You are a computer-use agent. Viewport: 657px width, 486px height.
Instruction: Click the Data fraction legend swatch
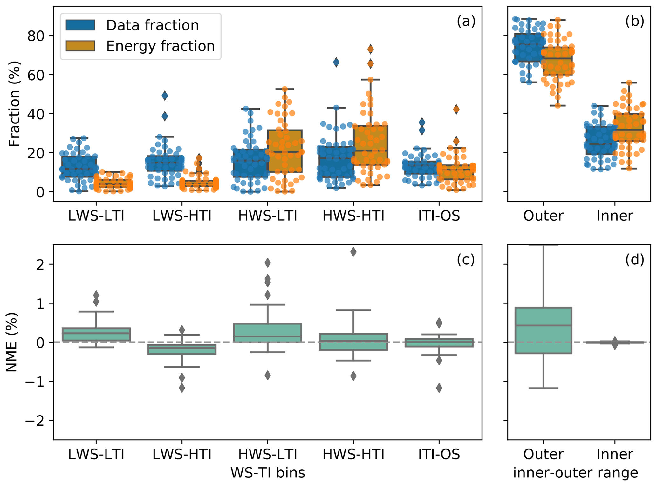coord(80,25)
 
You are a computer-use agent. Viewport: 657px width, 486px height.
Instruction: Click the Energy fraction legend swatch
coord(80,46)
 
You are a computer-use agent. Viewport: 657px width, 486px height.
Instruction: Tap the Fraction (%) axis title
coord(14,103)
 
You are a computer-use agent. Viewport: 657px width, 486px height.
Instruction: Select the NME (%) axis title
coord(12,342)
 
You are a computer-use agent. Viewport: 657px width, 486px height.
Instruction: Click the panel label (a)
coord(466,21)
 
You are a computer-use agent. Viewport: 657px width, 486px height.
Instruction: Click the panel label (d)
coord(634,260)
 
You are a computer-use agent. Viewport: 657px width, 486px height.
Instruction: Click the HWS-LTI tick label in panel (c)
coord(267,454)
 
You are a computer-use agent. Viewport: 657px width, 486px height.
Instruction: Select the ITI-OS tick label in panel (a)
coord(439,216)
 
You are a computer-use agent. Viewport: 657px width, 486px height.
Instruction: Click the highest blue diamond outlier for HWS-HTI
coord(336,62)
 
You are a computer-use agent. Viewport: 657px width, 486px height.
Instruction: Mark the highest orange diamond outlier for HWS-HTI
coord(370,49)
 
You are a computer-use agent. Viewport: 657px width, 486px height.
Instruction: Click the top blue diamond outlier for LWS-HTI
coord(165,96)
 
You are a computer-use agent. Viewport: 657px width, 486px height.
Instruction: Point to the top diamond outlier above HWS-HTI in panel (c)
coord(353,252)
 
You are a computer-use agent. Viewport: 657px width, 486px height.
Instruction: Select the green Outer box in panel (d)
coord(543,330)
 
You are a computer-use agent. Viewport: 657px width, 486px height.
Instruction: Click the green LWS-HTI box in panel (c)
coord(182,350)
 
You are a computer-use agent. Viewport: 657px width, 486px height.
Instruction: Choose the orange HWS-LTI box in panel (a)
coord(285,151)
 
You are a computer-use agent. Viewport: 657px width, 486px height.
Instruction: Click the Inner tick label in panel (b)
coord(614,216)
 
